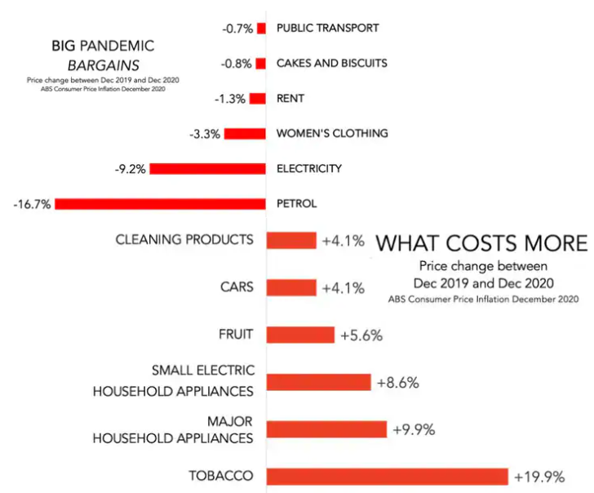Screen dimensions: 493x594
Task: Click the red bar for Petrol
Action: tap(161, 204)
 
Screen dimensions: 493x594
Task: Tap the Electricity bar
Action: tap(208, 169)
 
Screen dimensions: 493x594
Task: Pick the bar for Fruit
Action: tap(301, 335)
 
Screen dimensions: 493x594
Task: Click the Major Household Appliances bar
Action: tap(327, 429)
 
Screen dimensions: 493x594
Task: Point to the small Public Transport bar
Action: tap(261, 29)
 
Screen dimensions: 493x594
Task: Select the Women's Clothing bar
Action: tap(246, 133)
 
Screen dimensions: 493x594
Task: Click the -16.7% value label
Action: tap(32, 204)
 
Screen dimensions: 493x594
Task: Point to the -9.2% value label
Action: tap(131, 169)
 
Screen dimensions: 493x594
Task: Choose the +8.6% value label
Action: tap(398, 382)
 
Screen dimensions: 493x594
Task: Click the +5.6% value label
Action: tap(361, 335)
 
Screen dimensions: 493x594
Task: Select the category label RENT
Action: tap(290, 99)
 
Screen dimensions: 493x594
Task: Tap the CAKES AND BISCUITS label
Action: tap(332, 63)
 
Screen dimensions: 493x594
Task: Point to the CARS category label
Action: tap(237, 287)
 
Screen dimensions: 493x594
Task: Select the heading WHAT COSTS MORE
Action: tap(481, 243)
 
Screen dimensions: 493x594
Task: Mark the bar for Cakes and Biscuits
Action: tap(260, 64)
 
